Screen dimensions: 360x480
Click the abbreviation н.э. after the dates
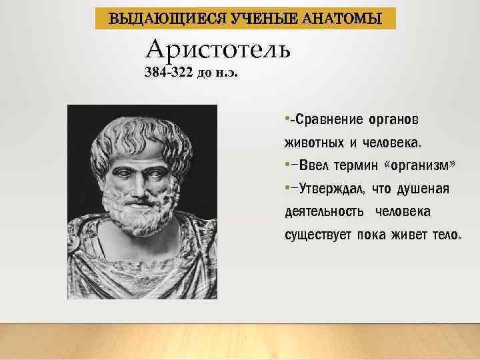pyautogui.click(x=226, y=74)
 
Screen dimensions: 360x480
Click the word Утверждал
pyautogui.click(x=331, y=189)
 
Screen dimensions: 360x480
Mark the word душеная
pyautogui.click(x=423, y=189)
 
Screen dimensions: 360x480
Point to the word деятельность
pyautogui.click(x=325, y=212)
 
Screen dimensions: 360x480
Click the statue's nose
pyautogui.click(x=137, y=183)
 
